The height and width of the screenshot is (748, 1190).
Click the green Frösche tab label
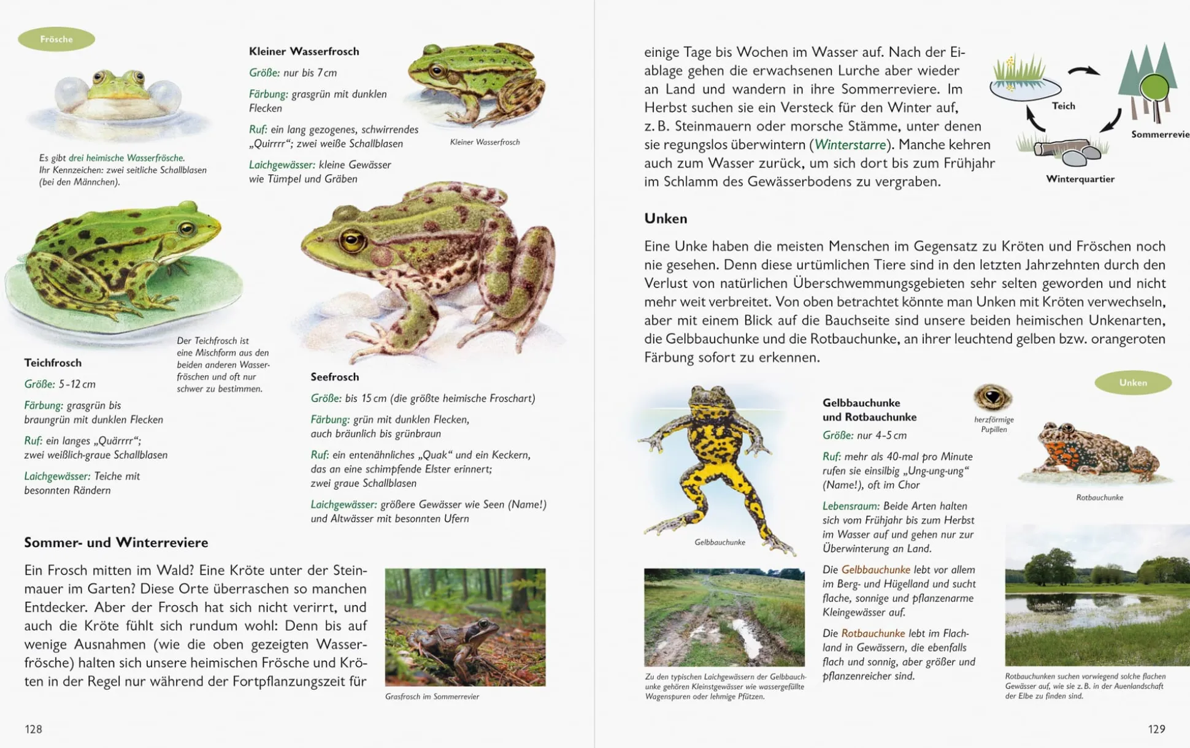point(56,39)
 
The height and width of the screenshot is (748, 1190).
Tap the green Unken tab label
point(1132,383)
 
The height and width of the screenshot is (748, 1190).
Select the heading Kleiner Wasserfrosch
point(304,52)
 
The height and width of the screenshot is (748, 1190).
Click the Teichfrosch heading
point(53,363)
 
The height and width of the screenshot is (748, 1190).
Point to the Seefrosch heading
point(334,377)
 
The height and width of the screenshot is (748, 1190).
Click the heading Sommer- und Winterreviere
point(116,543)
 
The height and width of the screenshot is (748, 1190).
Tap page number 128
point(34,729)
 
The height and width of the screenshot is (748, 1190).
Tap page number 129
point(1156,729)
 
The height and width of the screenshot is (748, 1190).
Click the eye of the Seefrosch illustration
point(352,240)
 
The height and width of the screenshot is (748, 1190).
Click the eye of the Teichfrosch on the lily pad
point(186,229)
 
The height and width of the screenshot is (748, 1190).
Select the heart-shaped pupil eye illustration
point(992,397)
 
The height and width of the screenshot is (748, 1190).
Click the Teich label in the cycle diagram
point(1063,106)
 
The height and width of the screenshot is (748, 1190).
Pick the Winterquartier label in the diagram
point(1080,179)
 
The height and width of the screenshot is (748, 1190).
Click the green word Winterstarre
point(850,145)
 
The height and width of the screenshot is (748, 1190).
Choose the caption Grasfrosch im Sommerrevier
point(432,696)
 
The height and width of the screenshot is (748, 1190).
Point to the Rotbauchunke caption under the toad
point(1099,497)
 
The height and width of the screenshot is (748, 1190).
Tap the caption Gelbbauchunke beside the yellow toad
point(720,542)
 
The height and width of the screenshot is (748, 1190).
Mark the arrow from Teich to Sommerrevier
point(1083,72)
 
